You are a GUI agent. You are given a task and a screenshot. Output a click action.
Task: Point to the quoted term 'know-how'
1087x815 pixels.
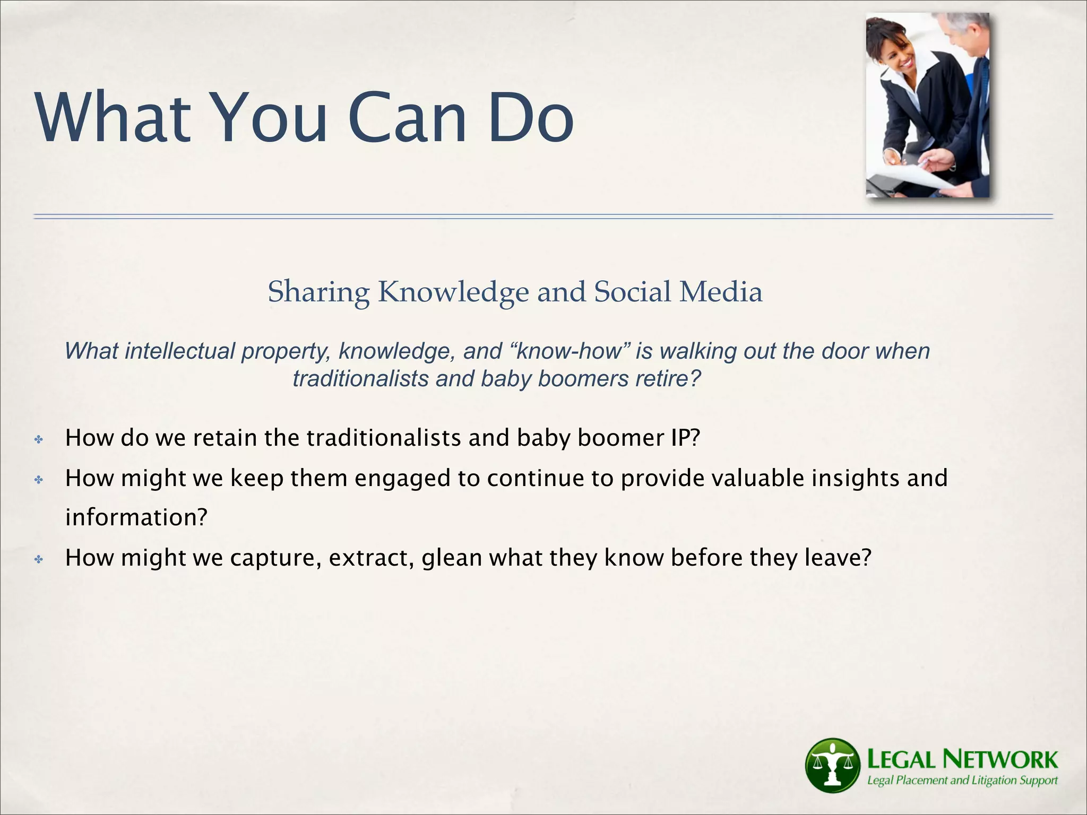[x=570, y=351]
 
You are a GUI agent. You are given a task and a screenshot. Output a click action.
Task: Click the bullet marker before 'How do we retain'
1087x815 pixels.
[x=39, y=439]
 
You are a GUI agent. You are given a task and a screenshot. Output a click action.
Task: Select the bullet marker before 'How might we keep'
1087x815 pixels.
[x=39, y=480]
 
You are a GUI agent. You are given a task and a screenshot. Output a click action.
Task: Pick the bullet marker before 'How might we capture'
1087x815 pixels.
[x=39, y=559]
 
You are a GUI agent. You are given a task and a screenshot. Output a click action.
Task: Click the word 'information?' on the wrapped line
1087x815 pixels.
[x=136, y=517]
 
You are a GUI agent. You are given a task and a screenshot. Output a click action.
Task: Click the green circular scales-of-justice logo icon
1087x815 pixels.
[x=832, y=765]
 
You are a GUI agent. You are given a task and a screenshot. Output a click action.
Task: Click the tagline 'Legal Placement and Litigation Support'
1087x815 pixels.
[x=962, y=781]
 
